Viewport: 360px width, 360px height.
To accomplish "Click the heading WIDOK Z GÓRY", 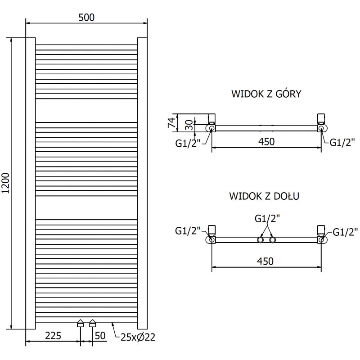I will point(266,94).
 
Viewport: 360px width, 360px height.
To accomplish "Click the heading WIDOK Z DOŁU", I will point(265,196).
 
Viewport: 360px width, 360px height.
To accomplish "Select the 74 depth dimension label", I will point(171,122).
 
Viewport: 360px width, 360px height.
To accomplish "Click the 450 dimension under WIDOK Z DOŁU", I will point(266,261).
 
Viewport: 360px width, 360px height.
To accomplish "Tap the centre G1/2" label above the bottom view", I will point(267,219).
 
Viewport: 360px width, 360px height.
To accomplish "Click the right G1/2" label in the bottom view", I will point(345,232).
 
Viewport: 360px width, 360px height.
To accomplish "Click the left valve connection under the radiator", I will point(81,323).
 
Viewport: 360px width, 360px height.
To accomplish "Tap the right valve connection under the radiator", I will point(93,323).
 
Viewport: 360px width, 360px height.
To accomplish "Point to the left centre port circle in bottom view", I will point(261,240).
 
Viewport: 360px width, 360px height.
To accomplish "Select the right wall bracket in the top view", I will point(321,119).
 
